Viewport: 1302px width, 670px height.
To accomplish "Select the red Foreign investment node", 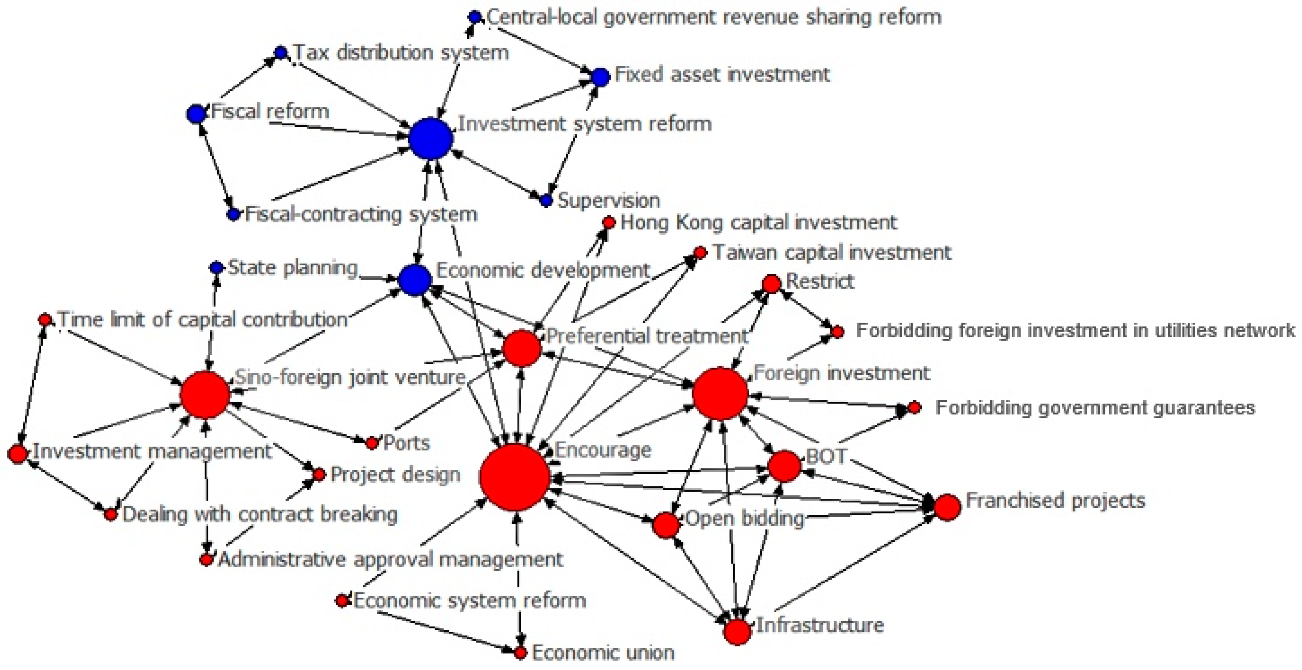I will (720, 394).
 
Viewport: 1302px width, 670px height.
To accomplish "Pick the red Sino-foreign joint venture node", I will (205, 394).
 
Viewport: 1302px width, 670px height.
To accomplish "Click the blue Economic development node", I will (415, 280).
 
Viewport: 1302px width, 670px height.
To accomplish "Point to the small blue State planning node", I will (216, 267).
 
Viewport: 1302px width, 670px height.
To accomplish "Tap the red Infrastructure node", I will (737, 632).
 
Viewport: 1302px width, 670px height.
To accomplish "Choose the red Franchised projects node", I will (947, 507).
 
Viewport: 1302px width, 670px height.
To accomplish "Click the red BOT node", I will (784, 466).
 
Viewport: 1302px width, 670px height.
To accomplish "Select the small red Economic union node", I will (521, 653).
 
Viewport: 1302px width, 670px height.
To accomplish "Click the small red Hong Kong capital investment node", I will (609, 222).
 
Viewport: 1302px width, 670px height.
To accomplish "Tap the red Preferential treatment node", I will (522, 348).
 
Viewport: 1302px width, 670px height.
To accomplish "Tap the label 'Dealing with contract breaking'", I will (260, 514).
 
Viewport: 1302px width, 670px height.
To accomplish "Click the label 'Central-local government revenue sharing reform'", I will (714, 17).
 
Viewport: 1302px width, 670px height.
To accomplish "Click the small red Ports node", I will (372, 443).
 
